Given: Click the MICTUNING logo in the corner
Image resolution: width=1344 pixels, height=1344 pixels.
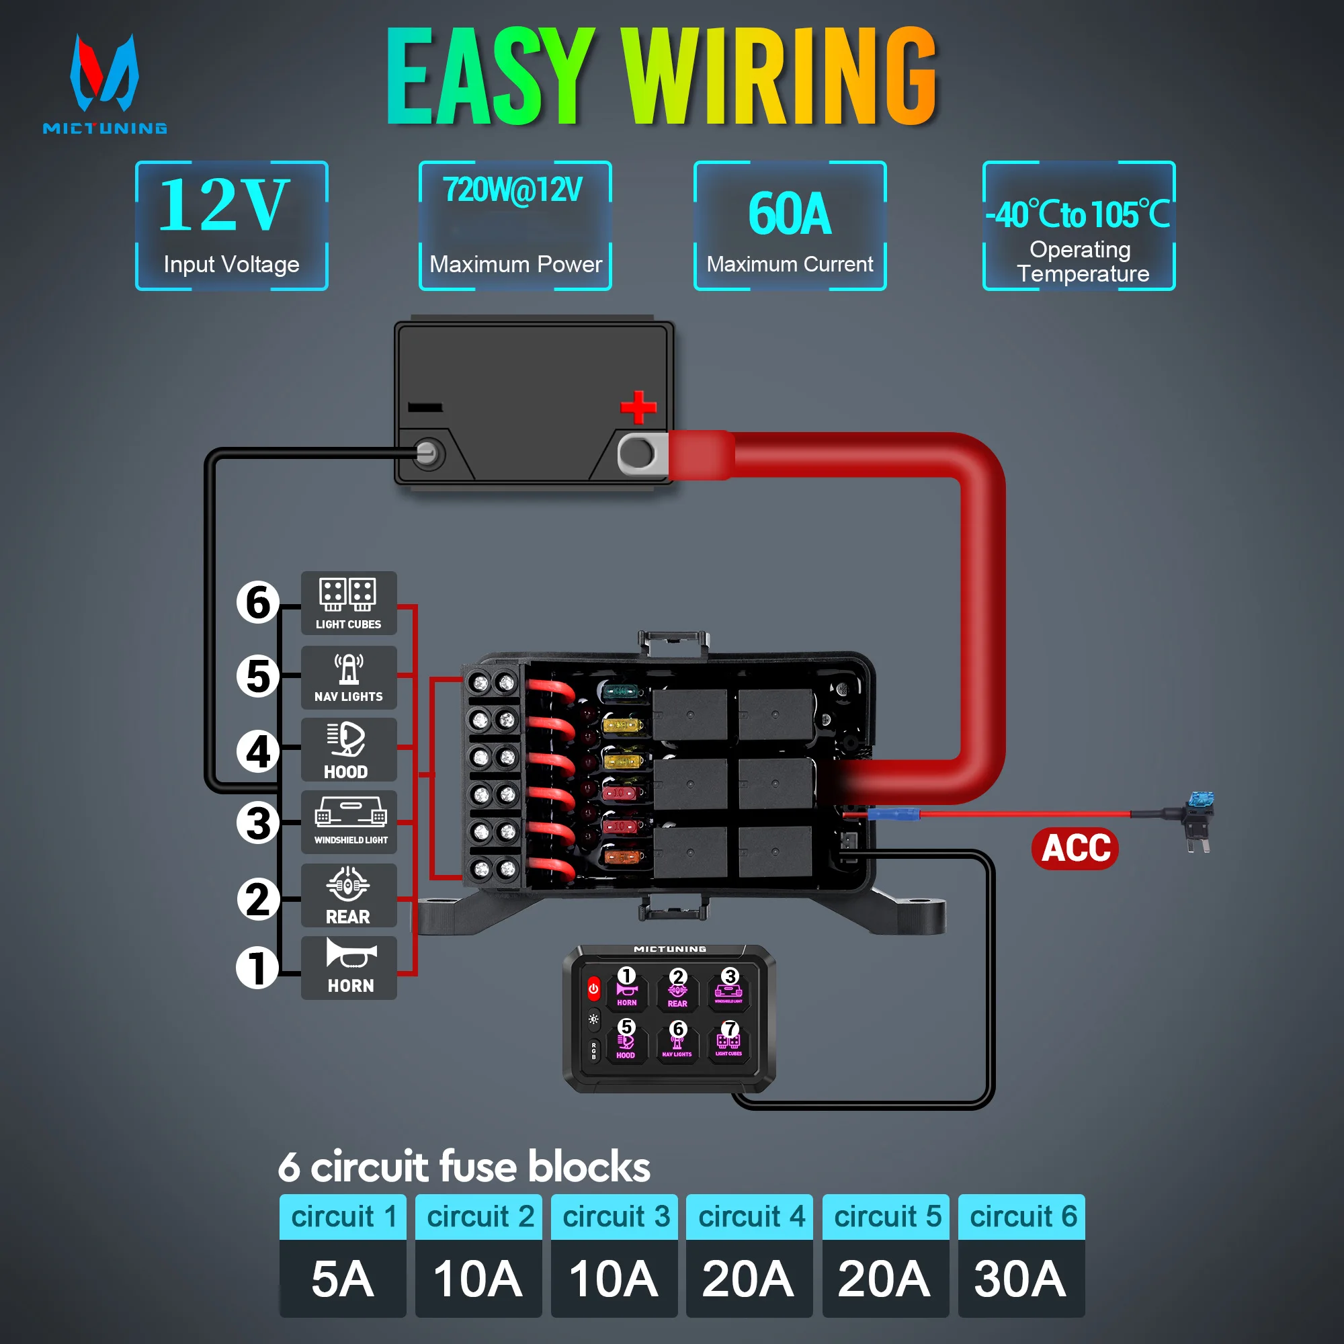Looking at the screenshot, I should (104, 83).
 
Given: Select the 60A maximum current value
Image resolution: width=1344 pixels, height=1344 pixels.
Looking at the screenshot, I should (790, 214).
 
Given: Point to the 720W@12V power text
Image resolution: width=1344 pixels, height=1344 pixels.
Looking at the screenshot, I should (513, 190).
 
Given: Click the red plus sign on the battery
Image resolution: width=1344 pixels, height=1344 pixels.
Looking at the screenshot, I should (638, 407).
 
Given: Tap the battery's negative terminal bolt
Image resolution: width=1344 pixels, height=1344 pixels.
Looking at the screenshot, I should (427, 454).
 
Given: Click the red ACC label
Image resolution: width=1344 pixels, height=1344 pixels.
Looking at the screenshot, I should (1075, 848).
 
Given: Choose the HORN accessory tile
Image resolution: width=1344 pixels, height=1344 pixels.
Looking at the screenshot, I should (349, 968).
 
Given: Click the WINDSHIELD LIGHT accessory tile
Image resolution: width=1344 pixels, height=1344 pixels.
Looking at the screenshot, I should (349, 822).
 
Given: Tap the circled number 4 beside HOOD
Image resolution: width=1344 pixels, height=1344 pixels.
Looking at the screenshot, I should (258, 751).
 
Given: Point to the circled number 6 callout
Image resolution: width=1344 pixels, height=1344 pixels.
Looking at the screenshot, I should (258, 602).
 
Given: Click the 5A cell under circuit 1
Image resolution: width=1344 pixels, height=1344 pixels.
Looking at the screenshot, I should (342, 1279).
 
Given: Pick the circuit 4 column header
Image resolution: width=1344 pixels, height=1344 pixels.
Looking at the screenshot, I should (749, 1217).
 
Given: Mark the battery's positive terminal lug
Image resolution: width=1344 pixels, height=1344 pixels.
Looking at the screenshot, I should (640, 454).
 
